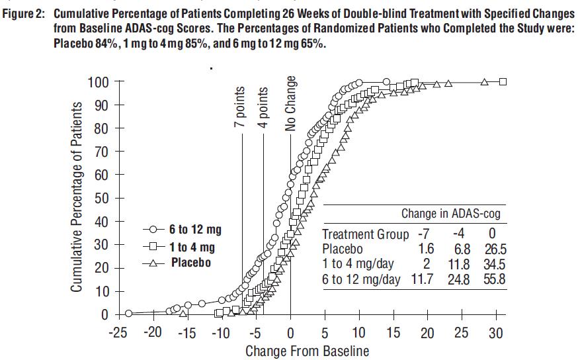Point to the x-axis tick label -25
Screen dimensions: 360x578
119,333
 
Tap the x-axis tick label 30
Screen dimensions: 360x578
496,333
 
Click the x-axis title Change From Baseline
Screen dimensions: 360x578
307,350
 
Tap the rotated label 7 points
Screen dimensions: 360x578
242,107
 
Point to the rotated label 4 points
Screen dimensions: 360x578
263,107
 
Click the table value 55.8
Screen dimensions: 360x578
491,280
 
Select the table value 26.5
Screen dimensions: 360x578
491,249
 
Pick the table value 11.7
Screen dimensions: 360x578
423,280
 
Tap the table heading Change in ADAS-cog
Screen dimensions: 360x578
450,214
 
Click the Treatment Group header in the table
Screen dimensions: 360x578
366,234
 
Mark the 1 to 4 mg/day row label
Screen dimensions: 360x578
358,265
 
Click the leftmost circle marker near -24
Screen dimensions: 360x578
128,313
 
